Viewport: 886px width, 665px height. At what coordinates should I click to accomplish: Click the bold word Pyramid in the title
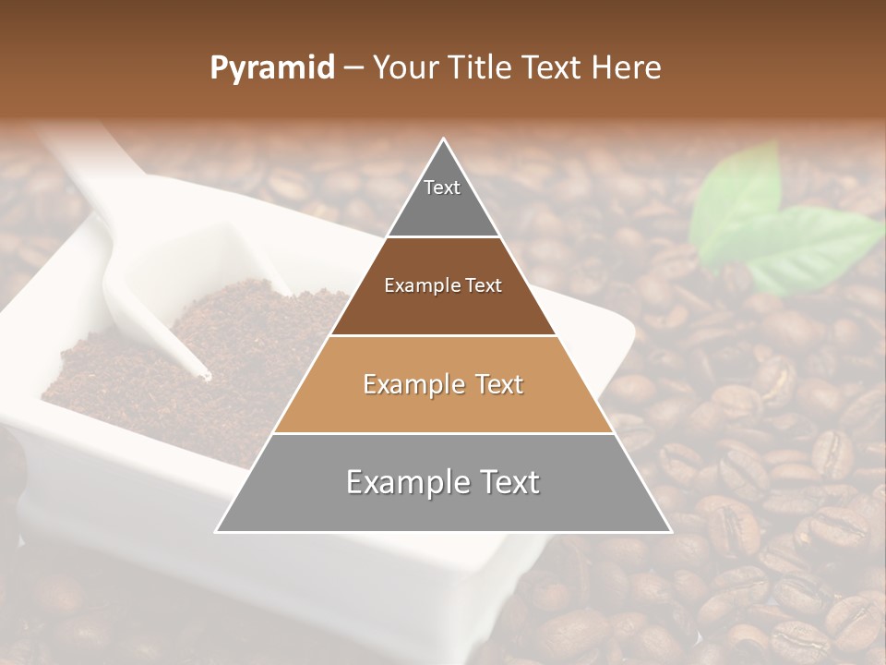(x=272, y=67)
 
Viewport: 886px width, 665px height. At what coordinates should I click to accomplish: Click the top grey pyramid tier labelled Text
(x=442, y=199)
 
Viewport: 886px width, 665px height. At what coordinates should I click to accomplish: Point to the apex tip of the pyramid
(x=444, y=139)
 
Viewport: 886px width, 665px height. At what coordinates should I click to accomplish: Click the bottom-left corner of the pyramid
(x=217, y=531)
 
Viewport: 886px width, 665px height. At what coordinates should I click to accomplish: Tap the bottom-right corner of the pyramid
(x=670, y=531)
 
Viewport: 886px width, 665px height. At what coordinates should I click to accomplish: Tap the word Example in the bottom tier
(x=405, y=483)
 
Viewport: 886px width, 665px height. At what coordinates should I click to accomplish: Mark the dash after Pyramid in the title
(x=352, y=67)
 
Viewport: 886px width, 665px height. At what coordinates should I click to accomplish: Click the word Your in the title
(x=404, y=67)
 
